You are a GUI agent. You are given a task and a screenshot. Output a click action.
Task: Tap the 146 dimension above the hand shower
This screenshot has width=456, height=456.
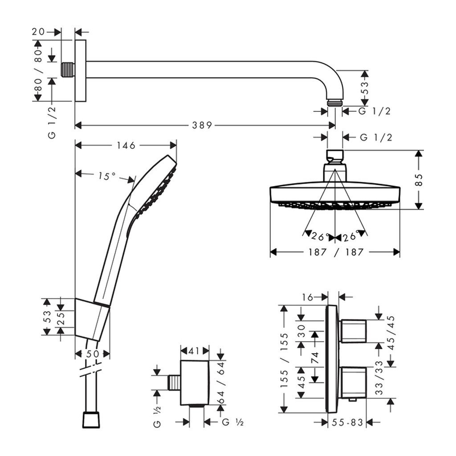point(126,146)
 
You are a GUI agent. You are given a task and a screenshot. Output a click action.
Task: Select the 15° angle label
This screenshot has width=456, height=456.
point(107,176)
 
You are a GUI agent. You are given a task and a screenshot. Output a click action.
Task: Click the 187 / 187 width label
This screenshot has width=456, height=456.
point(335,252)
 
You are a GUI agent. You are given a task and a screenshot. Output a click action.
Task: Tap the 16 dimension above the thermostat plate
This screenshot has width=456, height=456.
point(307,296)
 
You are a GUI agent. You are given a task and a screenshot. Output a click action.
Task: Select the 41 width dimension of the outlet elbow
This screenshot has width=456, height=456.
point(194,351)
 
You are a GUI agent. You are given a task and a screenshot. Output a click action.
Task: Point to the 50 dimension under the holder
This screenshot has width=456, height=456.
point(92,354)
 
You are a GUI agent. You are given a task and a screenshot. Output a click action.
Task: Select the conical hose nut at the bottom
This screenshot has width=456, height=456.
point(92,420)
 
